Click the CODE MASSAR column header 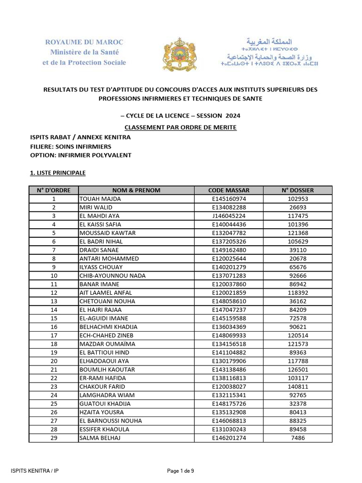(x=229, y=190)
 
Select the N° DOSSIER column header (x=297, y=190)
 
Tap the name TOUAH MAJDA (x=100, y=199)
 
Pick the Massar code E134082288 (x=229, y=208)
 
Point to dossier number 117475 (x=297, y=216)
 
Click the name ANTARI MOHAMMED (x=109, y=258)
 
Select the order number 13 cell (x=54, y=301)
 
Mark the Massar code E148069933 (x=229, y=335)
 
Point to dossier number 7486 (x=297, y=438)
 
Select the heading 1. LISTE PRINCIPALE (x=58, y=173)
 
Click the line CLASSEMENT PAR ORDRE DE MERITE (x=181, y=127)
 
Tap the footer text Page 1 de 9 (x=181, y=470)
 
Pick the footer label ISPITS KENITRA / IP (x=35, y=470)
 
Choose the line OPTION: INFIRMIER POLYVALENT (x=81, y=155)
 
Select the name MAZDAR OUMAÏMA (x=107, y=344)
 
